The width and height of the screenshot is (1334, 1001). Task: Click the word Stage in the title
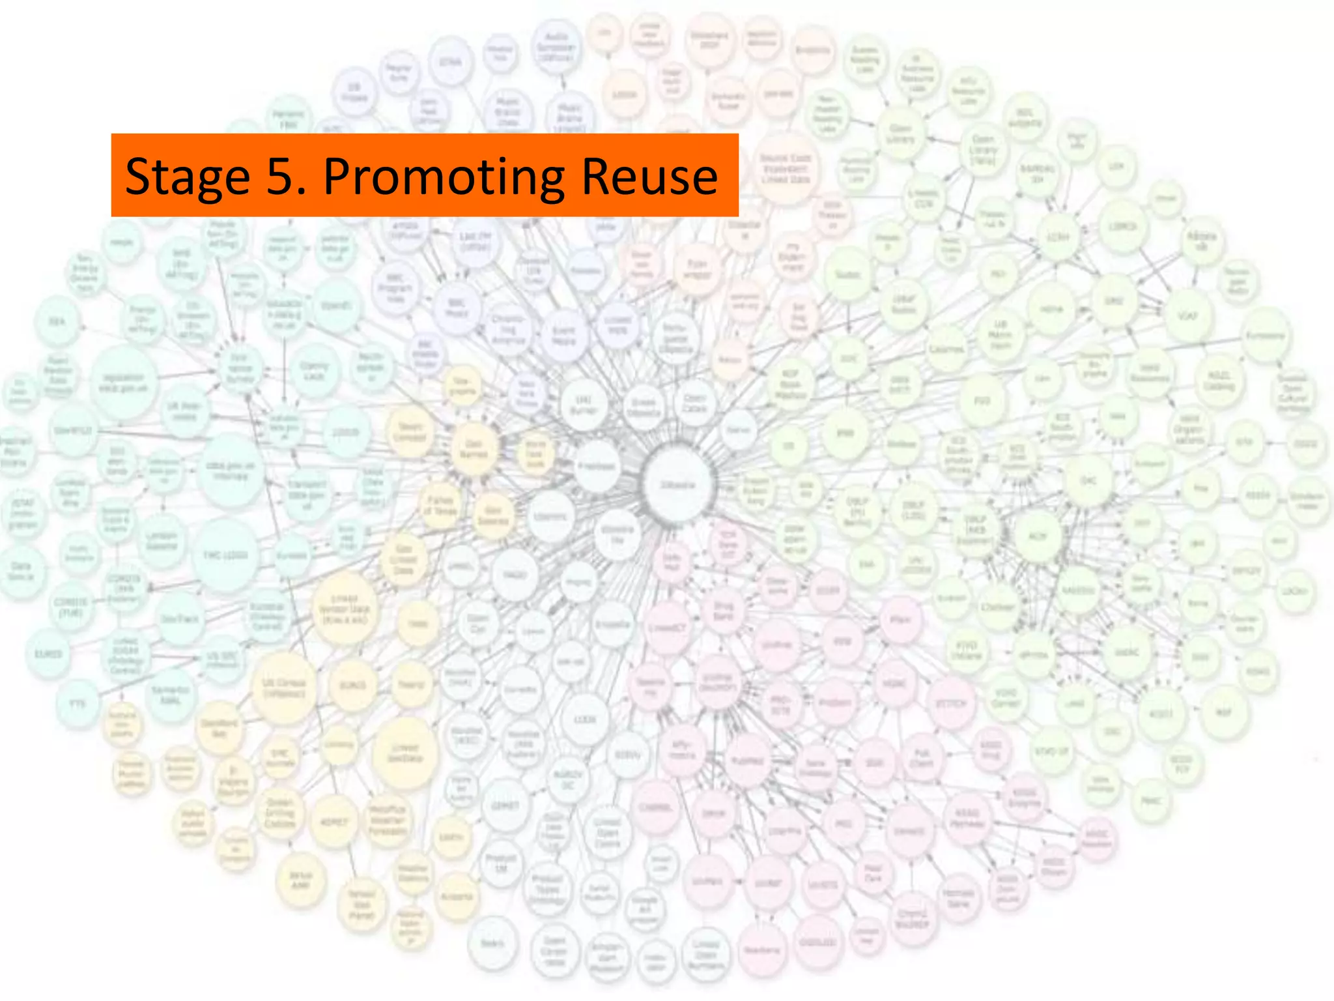(x=188, y=177)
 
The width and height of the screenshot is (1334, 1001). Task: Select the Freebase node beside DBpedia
(x=597, y=466)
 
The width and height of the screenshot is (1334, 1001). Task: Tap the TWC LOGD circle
(x=225, y=555)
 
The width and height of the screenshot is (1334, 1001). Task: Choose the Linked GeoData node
(x=404, y=753)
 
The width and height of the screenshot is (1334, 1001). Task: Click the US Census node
(x=284, y=688)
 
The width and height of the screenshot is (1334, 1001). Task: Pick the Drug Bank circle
(x=723, y=611)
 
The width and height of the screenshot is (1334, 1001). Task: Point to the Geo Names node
(x=474, y=449)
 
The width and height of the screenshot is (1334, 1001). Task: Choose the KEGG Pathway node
(x=967, y=818)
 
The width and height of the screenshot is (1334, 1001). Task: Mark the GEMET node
(x=505, y=805)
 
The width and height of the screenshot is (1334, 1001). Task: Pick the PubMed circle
(x=747, y=761)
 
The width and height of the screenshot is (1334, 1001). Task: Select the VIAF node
(x=1187, y=316)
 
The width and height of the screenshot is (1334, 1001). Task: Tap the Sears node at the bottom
(x=492, y=943)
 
